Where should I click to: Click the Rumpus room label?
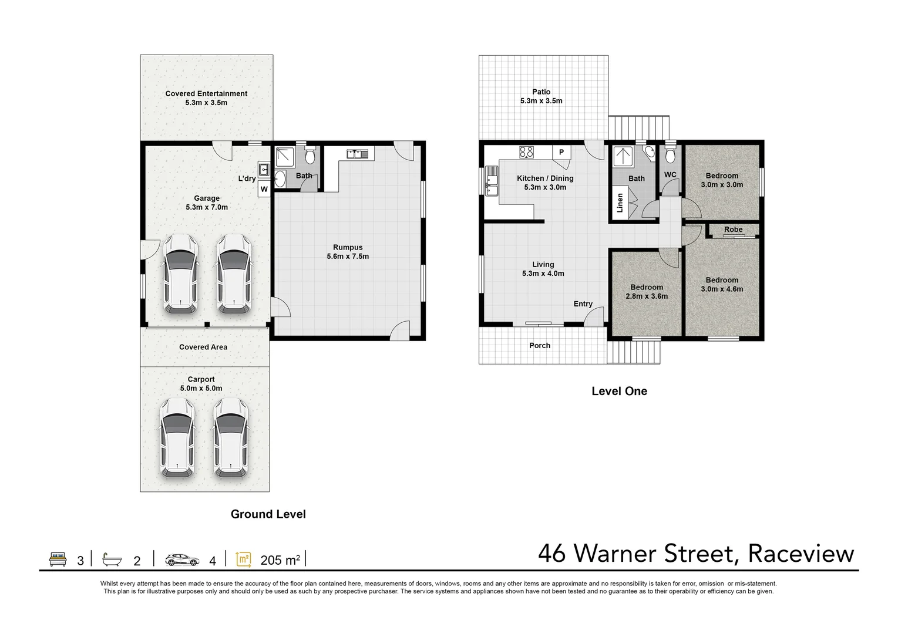(x=348, y=248)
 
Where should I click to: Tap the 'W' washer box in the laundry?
(x=264, y=189)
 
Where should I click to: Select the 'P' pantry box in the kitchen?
(x=561, y=153)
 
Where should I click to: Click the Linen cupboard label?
(x=620, y=203)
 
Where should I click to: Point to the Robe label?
(x=733, y=230)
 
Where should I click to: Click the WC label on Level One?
(x=670, y=175)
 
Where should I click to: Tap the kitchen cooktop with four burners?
(x=526, y=153)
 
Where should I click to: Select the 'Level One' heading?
(x=619, y=392)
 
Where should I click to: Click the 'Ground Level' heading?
(x=268, y=514)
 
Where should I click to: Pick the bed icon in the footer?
(x=58, y=559)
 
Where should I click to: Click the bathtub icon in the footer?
(x=112, y=559)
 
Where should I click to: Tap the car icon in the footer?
(x=182, y=559)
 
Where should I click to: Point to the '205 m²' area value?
(x=280, y=561)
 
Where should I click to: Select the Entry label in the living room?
(x=583, y=304)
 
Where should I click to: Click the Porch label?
(x=540, y=346)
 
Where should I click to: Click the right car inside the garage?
(x=234, y=274)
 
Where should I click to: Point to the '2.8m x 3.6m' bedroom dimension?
(x=647, y=296)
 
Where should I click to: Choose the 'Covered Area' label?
(x=203, y=348)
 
